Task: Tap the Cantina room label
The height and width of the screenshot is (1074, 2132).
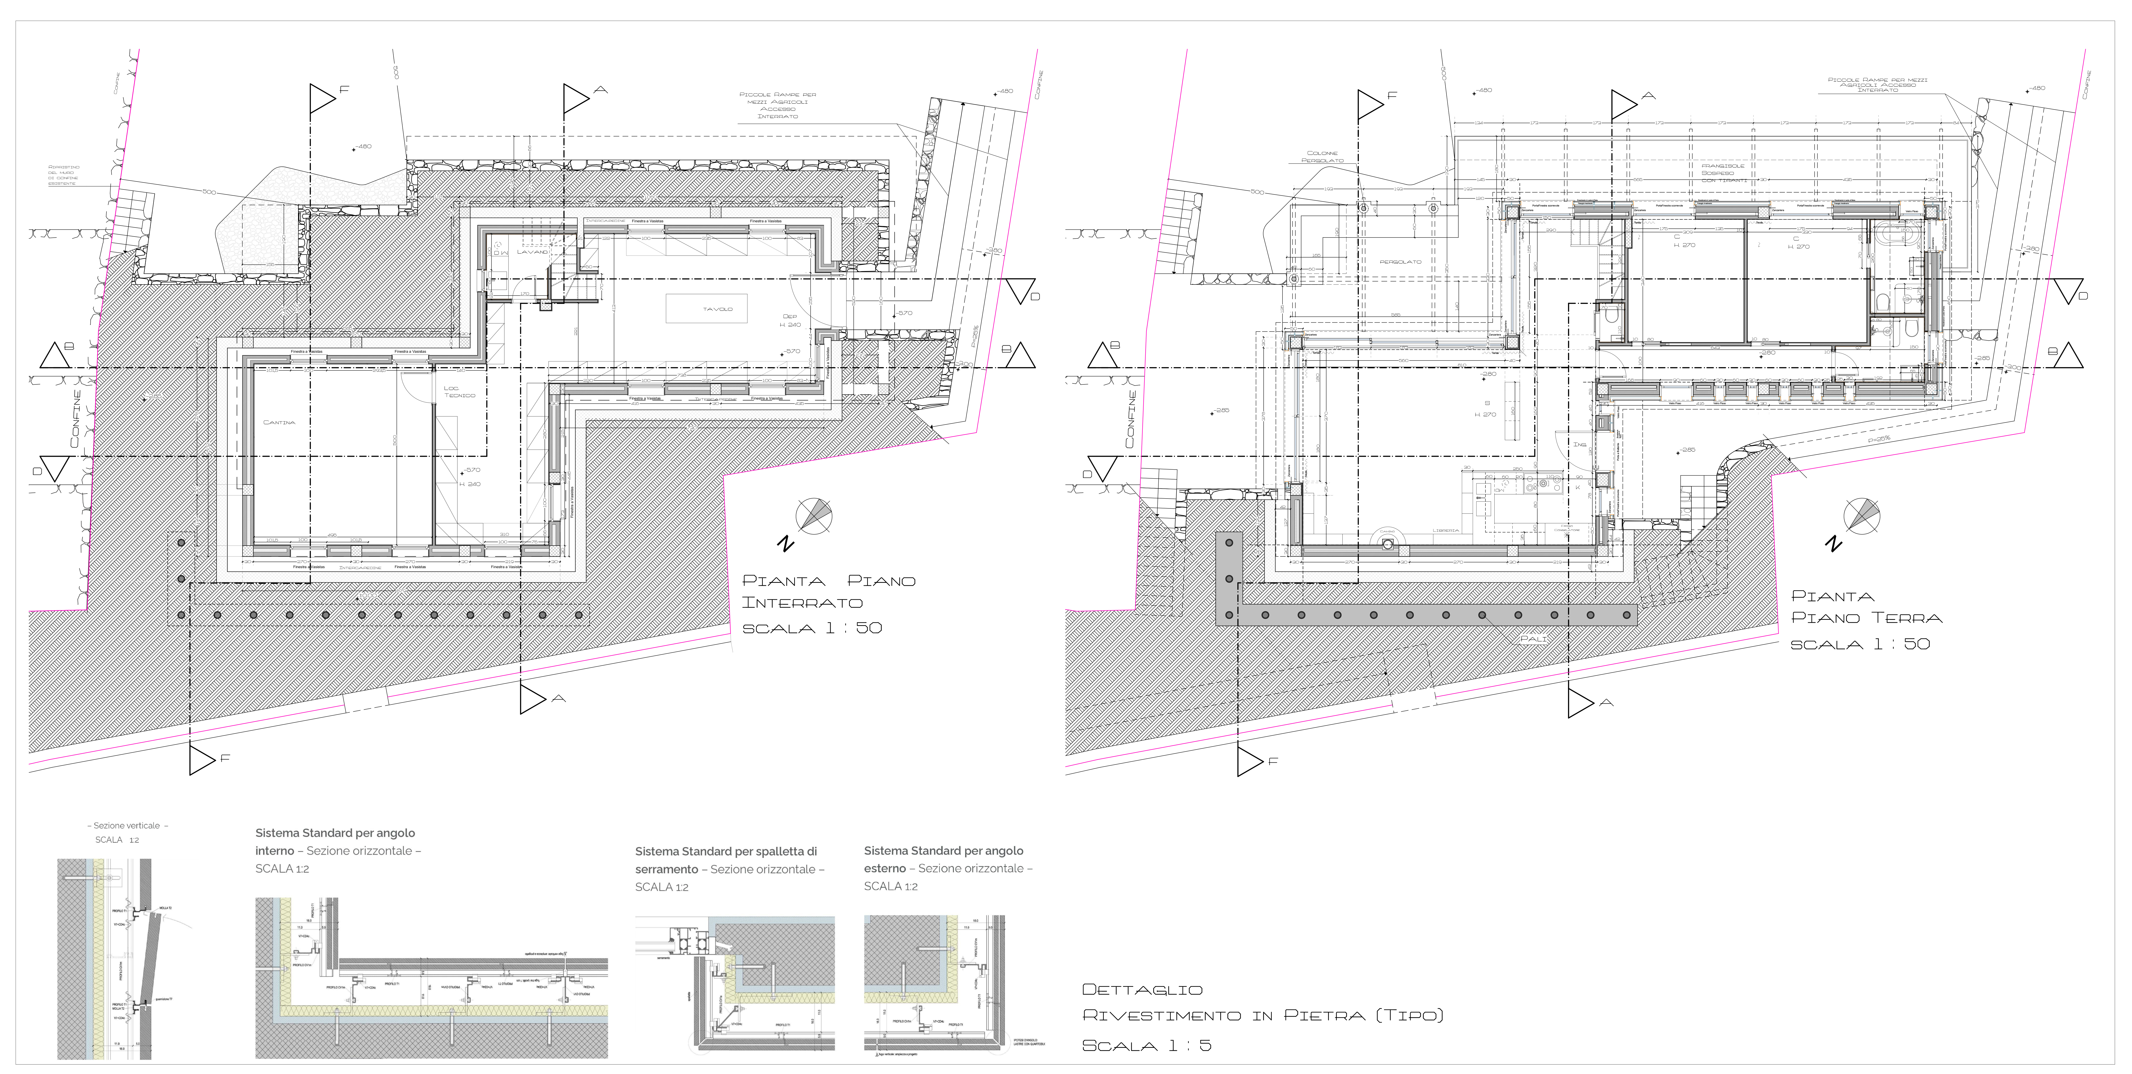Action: tap(279, 422)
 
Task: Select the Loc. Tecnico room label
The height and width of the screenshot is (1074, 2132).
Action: tap(459, 392)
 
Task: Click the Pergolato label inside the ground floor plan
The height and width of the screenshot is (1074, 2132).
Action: tap(1400, 262)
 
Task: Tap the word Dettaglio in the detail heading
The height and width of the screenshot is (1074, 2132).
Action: tap(1142, 989)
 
